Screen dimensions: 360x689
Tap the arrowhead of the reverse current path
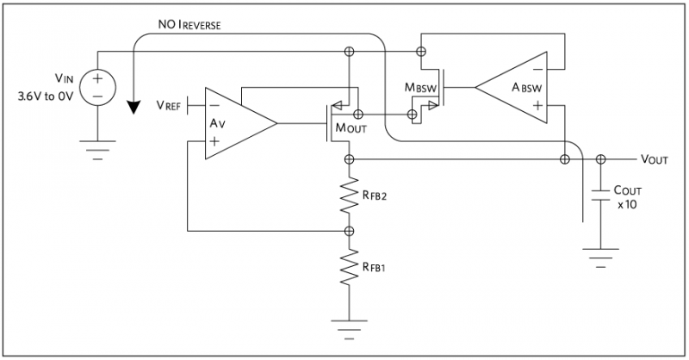[x=133, y=107]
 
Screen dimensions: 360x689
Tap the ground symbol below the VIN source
[x=96, y=153]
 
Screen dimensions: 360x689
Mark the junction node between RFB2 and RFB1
[x=350, y=231]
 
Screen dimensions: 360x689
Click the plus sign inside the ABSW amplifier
[x=537, y=107]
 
